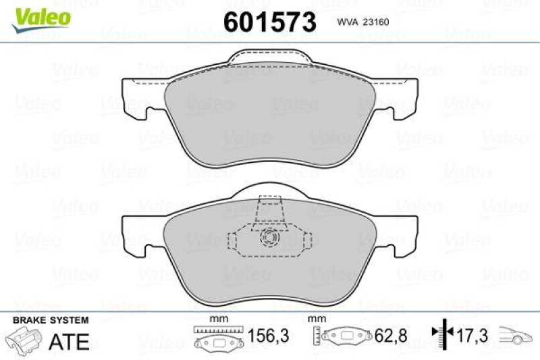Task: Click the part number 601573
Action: (269, 22)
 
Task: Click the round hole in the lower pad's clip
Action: (270, 238)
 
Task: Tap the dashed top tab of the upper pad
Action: (269, 59)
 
